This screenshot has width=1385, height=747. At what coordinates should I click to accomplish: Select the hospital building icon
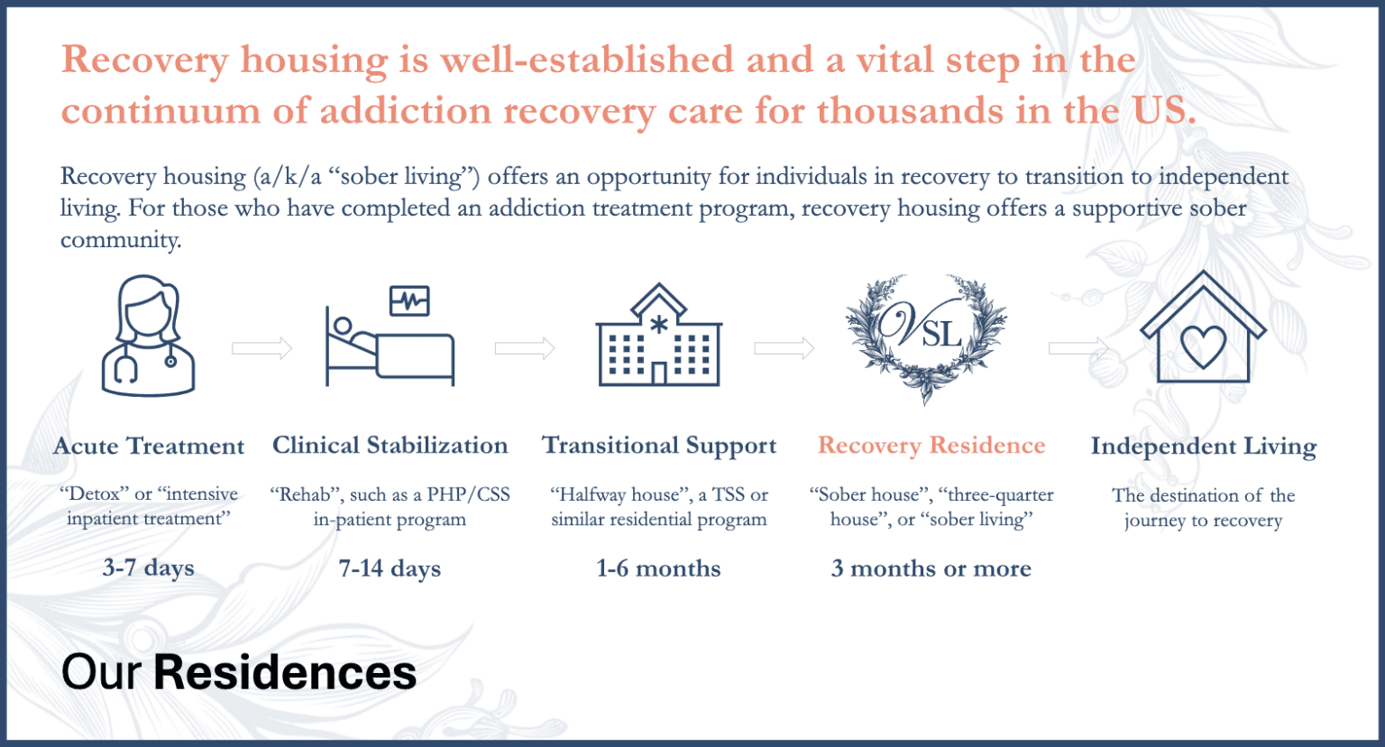coord(658,336)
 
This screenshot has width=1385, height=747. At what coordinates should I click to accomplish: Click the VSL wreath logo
coord(926,336)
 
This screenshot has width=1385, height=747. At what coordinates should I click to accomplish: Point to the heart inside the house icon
coord(1203,346)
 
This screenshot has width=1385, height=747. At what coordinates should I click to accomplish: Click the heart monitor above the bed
coord(409,300)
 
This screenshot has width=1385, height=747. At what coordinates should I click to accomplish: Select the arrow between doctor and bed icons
coord(261,348)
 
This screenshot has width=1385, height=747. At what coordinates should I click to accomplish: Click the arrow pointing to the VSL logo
coord(784,348)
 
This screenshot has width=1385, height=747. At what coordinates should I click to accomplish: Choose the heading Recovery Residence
coord(931,446)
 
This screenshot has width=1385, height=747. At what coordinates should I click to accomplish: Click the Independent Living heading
coord(1203,447)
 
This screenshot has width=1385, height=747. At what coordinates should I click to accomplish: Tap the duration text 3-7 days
coord(149,567)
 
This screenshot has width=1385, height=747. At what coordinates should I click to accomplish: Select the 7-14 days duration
coord(390,568)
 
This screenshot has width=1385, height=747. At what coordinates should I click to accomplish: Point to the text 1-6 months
coord(658,568)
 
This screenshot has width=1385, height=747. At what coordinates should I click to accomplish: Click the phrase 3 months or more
coord(931,568)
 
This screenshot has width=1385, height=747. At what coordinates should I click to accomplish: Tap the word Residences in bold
coord(285,673)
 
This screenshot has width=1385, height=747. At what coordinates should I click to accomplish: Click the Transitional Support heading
coord(658,446)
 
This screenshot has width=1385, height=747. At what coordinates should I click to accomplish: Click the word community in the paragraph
coord(120,240)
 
